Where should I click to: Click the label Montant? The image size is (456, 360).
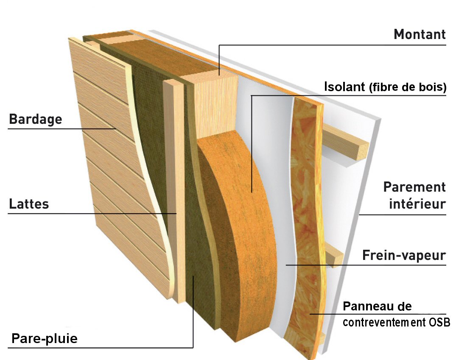tap(420, 34)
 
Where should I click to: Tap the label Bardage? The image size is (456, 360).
tap(36, 119)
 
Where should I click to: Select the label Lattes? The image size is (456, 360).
tap(29, 204)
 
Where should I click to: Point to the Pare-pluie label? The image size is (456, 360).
tap(45, 339)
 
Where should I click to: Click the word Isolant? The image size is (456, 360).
tap(344, 87)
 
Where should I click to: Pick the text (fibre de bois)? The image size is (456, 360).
tap(407, 88)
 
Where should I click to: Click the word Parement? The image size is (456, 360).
tap(414, 187)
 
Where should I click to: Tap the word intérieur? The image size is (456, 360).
tap(417, 204)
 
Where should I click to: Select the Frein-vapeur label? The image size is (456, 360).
tap(403, 256)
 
